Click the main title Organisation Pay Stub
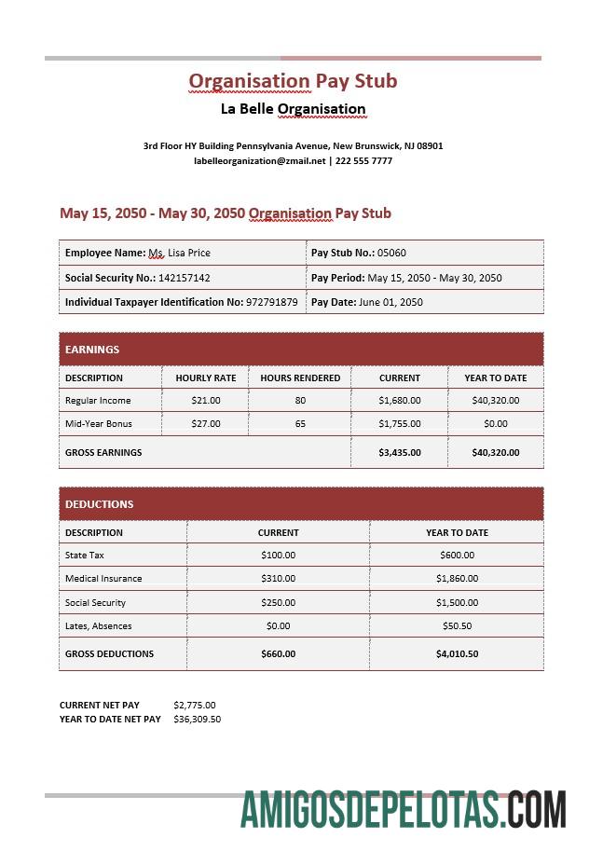coord(293,81)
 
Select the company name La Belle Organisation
coord(293,109)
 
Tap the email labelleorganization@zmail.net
coord(259,161)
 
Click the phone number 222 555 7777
coord(363,161)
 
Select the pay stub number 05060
coord(391,253)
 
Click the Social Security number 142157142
coord(185,278)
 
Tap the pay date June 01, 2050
coord(390,302)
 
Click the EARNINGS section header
coord(92,350)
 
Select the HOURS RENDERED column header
coord(300,377)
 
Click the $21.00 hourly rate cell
coord(205,401)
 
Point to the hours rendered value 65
coord(300,424)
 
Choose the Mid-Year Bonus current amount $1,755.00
coord(400,424)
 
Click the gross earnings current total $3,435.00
coord(400,453)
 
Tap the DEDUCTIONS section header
coord(100,504)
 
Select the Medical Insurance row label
coord(103,579)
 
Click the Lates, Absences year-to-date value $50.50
coord(457,626)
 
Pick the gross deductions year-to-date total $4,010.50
coord(457,654)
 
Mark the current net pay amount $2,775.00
coord(194,706)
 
